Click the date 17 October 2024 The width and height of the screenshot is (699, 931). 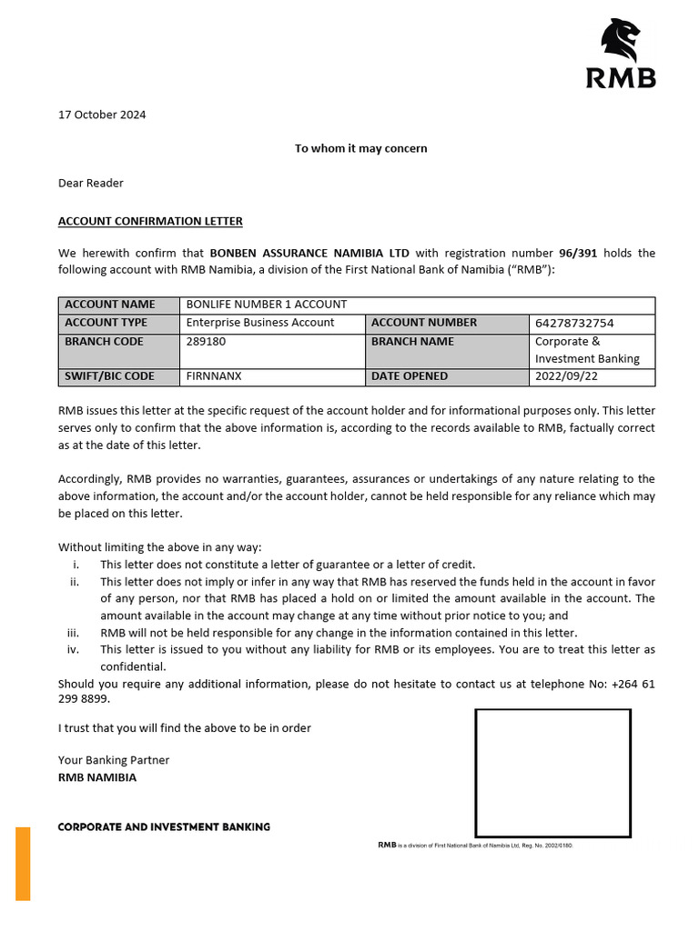[102, 115]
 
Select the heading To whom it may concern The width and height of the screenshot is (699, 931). [360, 148]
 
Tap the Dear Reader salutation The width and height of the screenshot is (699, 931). [91, 183]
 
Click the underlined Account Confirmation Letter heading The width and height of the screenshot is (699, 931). [150, 221]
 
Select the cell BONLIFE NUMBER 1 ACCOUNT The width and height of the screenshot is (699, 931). [267, 305]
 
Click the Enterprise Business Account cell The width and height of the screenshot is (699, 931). [260, 323]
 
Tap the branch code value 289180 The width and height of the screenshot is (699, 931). [206, 342]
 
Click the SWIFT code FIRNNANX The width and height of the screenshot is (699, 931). [214, 376]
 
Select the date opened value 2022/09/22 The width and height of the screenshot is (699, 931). [567, 376]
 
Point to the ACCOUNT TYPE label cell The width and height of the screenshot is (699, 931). [106, 323]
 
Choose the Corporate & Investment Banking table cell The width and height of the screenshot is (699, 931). [587, 350]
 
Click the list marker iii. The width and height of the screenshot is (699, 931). [74, 633]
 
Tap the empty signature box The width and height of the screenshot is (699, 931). [553, 773]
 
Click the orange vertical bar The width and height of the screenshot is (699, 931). [23, 863]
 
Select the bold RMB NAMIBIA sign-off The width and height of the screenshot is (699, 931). [97, 777]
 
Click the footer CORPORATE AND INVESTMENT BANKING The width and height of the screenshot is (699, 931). [164, 827]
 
